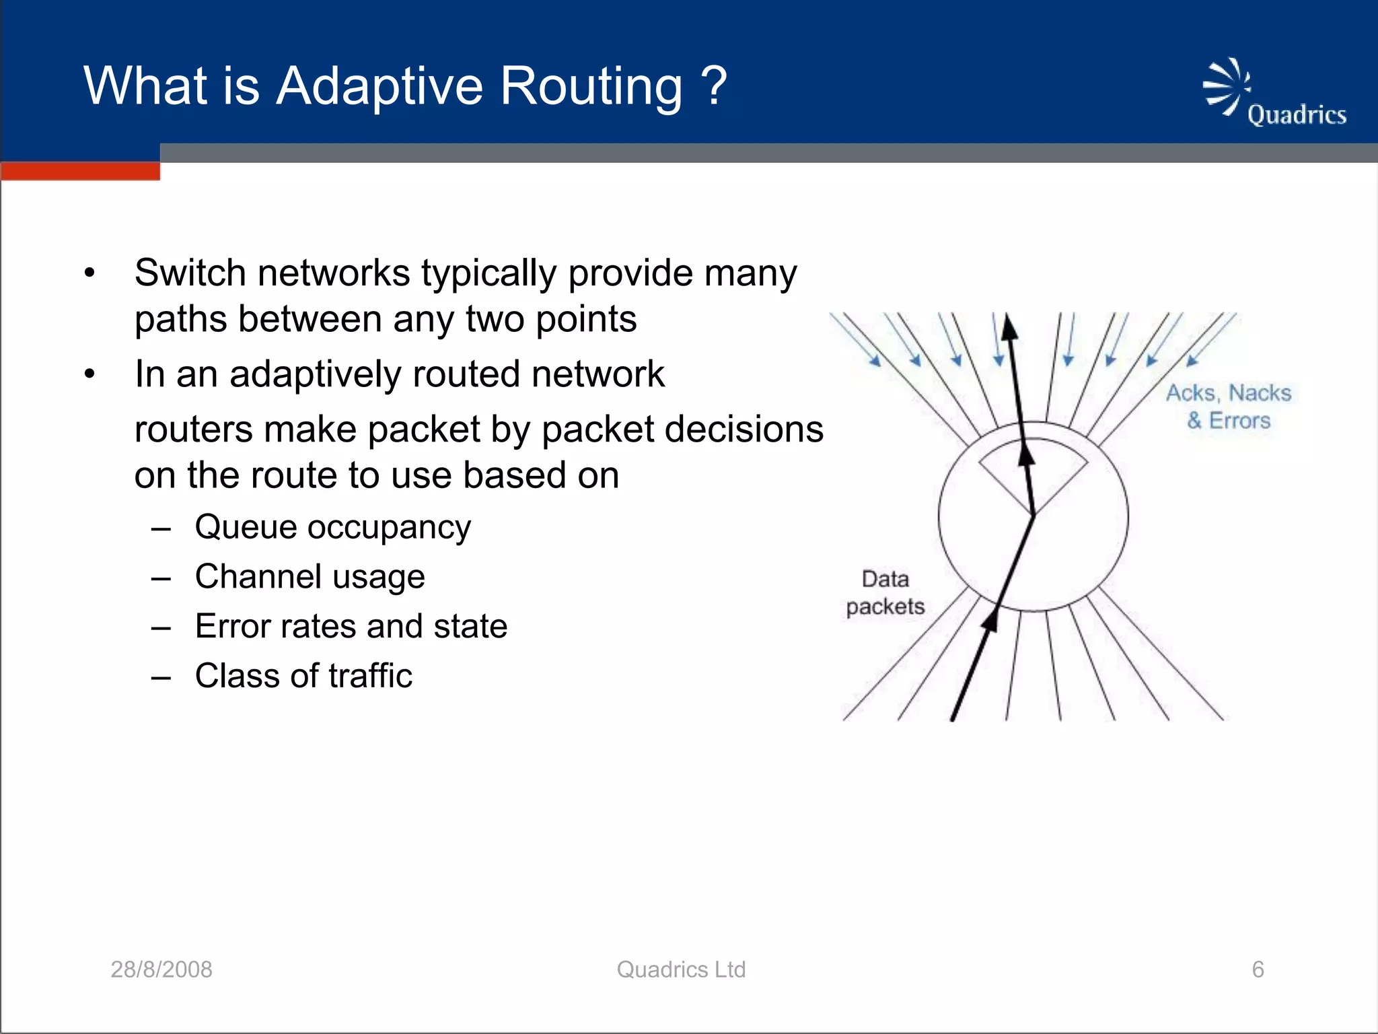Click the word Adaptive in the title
[x=379, y=86]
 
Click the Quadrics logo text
[x=1297, y=114]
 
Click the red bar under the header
[x=80, y=171]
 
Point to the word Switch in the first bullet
[x=189, y=273]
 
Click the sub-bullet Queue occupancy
[x=332, y=526]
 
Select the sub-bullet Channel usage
[x=310, y=576]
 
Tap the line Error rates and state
[x=351, y=626]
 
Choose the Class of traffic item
[x=303, y=675]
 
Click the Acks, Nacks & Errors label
[x=1229, y=406]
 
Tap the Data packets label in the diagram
[x=885, y=592]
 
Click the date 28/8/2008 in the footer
[x=161, y=969]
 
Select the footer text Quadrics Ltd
[x=681, y=969]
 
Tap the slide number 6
[x=1258, y=969]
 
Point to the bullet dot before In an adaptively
[x=90, y=374]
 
